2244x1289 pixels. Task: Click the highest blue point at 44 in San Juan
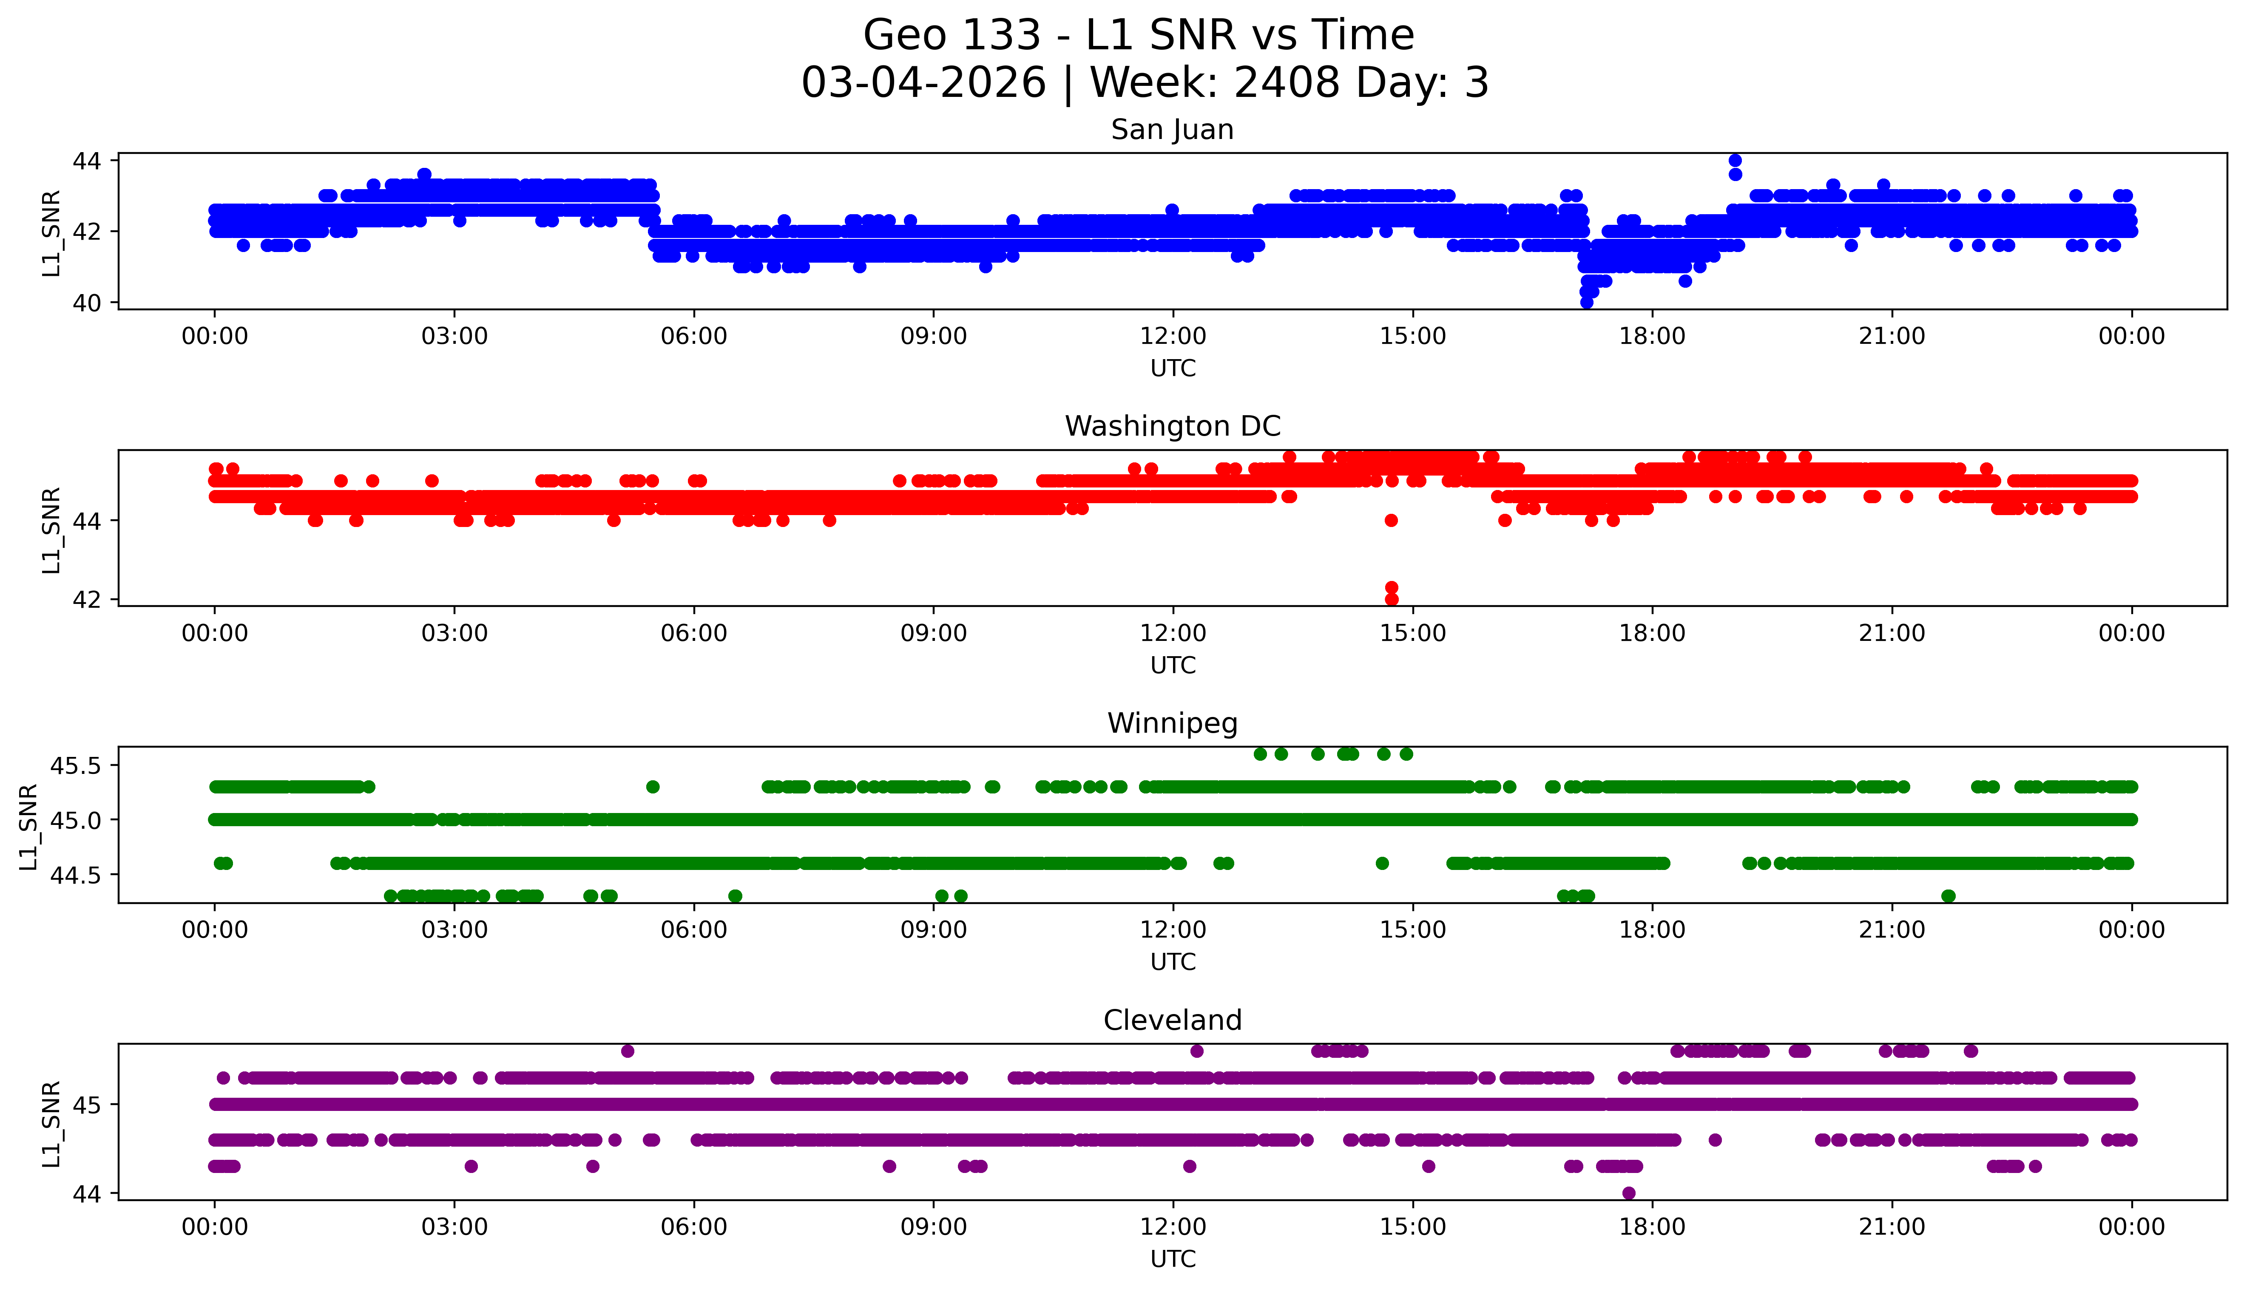(1735, 160)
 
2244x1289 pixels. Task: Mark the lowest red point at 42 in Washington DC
(1391, 599)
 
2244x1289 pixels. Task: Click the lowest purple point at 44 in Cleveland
(1628, 1193)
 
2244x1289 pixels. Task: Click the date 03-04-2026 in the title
(923, 83)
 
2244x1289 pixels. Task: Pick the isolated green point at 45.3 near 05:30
(653, 786)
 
